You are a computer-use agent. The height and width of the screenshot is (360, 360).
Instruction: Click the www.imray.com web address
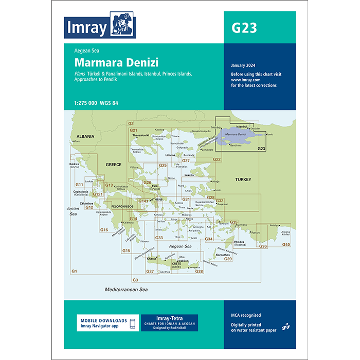click(x=243, y=80)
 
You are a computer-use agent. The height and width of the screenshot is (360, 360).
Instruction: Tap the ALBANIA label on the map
click(x=85, y=136)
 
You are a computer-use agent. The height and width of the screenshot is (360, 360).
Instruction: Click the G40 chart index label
click(x=286, y=244)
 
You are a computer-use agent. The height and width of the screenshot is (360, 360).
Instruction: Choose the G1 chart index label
click(x=74, y=271)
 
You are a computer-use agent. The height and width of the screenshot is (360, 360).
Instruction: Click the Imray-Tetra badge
click(x=169, y=323)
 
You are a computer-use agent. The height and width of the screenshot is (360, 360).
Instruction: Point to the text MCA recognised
click(x=246, y=315)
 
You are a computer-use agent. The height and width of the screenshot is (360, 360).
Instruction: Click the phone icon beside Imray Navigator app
click(x=132, y=323)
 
